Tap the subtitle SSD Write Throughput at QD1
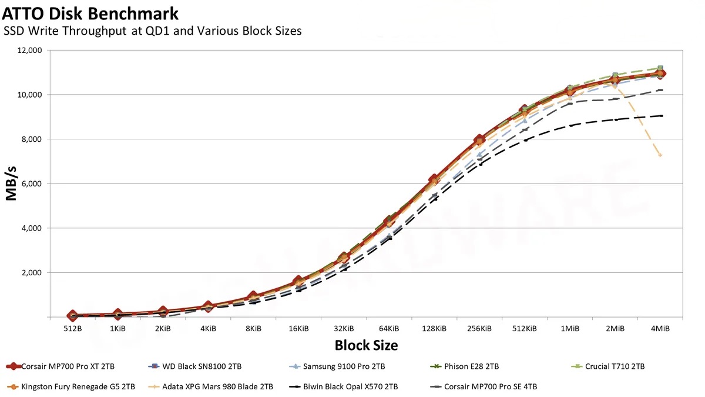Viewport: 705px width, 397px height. pos(153,31)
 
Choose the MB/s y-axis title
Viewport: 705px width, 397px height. pos(11,184)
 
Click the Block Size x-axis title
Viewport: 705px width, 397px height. pos(366,345)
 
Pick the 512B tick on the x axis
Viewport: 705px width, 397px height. pos(72,328)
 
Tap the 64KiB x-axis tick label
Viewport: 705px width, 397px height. pos(389,328)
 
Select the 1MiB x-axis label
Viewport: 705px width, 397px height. pos(570,328)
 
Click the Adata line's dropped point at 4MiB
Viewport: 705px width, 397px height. pos(660,155)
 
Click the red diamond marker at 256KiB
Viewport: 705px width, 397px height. pos(479,140)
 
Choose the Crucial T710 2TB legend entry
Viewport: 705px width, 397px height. pos(614,366)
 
